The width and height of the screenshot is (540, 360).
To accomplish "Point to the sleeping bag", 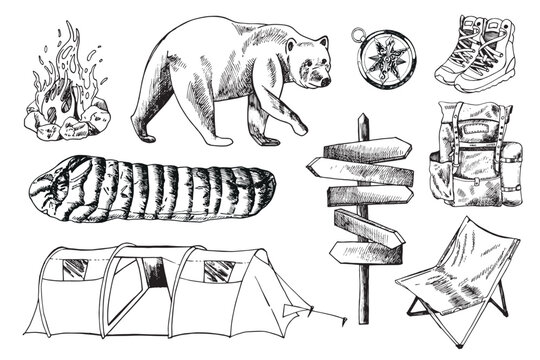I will [150, 189].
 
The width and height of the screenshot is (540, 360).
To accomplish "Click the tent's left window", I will [74, 267].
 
